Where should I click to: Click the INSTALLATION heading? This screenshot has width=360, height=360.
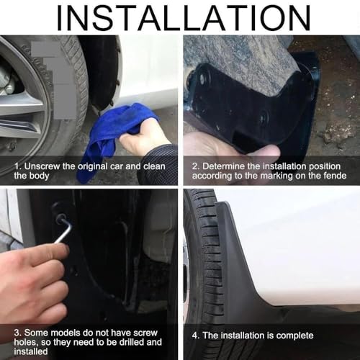coord(184,18)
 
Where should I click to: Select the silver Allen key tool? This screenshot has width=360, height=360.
coord(63,229)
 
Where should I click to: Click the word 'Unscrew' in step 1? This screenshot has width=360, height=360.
coord(42,166)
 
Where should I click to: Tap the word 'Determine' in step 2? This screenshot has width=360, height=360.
coord(223,166)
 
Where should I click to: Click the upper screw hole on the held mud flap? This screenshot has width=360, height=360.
coord(202,78)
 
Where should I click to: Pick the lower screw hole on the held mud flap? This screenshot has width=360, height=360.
coord(264,117)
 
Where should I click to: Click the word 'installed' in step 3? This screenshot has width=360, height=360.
coord(31,351)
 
